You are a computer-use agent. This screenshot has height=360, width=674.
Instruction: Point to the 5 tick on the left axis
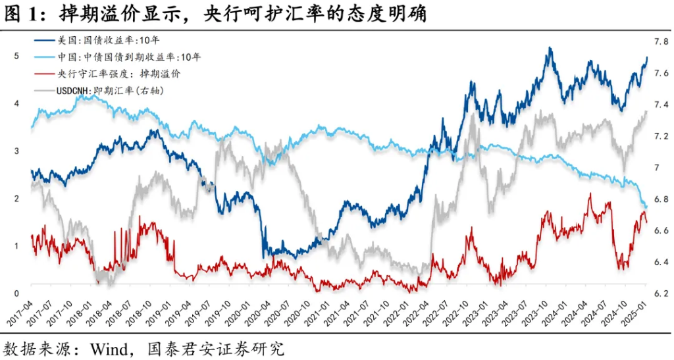tap(16, 56)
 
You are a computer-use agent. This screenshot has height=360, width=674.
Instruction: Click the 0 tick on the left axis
tap(16, 293)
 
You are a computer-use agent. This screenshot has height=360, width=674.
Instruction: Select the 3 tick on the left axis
tap(16, 151)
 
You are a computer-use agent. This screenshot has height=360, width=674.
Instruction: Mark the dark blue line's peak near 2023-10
tap(549, 48)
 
